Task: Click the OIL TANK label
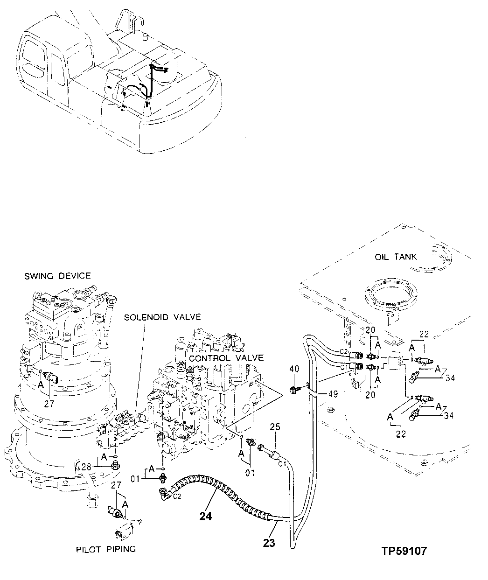(396, 257)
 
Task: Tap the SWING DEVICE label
(57, 276)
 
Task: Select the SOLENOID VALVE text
(162, 317)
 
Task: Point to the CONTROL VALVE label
(226, 358)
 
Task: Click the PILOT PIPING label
(106, 549)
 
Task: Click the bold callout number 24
(206, 517)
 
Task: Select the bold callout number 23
(269, 543)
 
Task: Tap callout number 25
(275, 427)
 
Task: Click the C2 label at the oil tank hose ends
(344, 351)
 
